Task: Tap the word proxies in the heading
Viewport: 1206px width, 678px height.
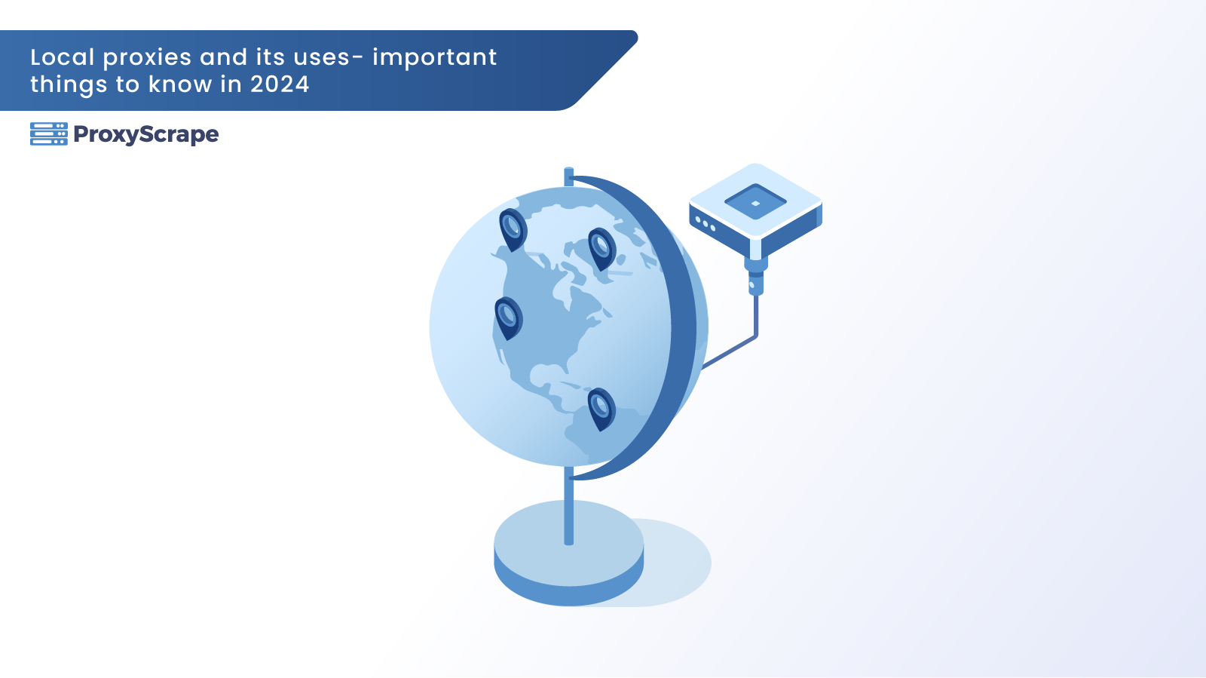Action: [x=147, y=58]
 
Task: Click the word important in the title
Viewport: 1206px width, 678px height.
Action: [x=434, y=58]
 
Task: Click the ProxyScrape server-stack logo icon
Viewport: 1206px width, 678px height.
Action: [x=49, y=134]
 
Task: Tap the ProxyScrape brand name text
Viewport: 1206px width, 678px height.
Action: [x=146, y=135]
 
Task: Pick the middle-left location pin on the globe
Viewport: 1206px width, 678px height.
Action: [x=508, y=318]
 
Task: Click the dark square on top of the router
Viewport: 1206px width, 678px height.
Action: [x=755, y=202]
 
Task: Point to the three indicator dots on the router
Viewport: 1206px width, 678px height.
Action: [x=706, y=224]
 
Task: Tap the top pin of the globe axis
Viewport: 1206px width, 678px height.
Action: [x=568, y=176]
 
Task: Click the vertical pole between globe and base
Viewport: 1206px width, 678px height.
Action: [x=568, y=506]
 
